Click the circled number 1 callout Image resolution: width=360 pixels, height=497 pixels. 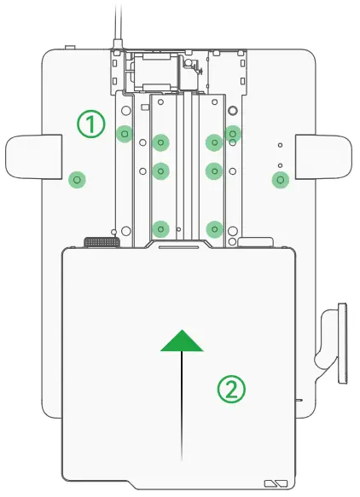91,124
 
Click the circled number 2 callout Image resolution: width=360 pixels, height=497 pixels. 231,389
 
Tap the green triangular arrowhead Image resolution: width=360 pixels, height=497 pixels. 182,340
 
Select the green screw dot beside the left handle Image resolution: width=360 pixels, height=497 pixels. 77,180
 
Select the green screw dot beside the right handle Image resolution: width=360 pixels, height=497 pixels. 281,180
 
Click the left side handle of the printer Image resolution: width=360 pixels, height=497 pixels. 34,157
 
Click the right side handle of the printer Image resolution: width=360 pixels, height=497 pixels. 323,157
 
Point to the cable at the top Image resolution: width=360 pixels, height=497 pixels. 118,25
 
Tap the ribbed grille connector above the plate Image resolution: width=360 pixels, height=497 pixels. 102,242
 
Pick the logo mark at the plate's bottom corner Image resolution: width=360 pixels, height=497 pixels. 276,483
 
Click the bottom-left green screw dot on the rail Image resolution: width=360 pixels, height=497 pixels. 161,228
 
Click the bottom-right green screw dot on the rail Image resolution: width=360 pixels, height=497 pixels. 215,228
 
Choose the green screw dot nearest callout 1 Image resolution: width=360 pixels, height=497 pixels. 125,134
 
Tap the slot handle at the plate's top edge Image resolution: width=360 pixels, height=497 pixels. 179,246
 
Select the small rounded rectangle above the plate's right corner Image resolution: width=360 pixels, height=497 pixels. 255,242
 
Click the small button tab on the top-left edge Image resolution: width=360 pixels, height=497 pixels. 70,48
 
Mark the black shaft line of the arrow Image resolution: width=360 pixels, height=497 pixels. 182,406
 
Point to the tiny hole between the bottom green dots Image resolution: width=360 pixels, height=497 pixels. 179,228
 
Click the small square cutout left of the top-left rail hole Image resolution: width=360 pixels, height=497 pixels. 145,107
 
